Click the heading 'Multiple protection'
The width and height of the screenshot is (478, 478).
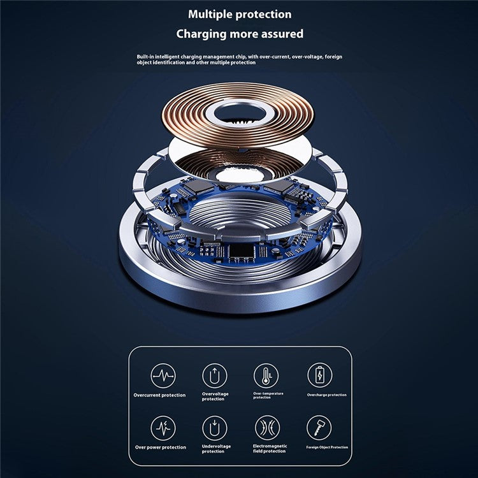[240, 14]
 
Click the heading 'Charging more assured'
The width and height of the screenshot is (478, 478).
[240, 33]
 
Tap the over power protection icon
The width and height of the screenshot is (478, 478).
[163, 428]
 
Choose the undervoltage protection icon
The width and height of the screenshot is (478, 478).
[215, 428]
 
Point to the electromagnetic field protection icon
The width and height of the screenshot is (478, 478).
[267, 428]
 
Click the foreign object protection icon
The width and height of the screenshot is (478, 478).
[319, 428]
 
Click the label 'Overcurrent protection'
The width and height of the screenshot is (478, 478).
[160, 395]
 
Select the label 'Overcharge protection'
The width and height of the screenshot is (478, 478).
[327, 395]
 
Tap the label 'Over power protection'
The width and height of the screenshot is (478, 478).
[160, 447]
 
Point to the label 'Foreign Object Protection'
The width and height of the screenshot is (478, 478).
[327, 447]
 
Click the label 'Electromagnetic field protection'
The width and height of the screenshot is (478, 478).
[270, 449]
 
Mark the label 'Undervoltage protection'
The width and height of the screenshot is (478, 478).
[217, 449]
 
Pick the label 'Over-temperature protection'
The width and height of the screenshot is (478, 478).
[268, 395]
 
